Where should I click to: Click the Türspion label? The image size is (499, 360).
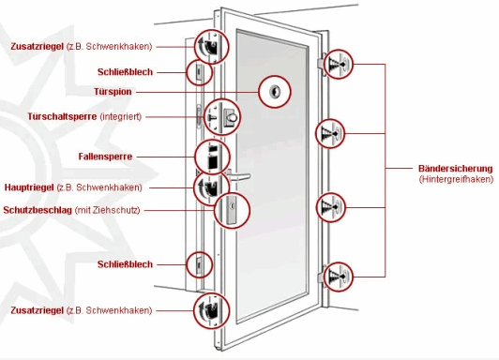click(x=113, y=92)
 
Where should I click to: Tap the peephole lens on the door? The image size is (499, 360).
click(x=274, y=92)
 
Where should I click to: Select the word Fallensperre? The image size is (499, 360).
click(x=105, y=157)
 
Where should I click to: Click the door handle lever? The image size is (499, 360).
click(x=239, y=175)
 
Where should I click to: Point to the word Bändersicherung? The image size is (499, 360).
click(x=456, y=168)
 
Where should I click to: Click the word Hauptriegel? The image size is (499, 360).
click(x=29, y=187)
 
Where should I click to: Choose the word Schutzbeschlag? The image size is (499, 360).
click(x=38, y=210)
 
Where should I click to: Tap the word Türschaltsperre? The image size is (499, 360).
click(x=62, y=116)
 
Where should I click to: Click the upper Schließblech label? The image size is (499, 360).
click(x=125, y=72)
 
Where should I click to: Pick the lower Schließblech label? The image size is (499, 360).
click(x=125, y=264)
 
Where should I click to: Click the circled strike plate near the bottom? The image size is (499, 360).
click(x=200, y=264)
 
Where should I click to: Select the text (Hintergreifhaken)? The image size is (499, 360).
click(x=456, y=179)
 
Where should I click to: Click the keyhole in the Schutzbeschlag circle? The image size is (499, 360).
click(x=232, y=206)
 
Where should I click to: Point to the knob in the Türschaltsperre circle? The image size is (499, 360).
click(x=232, y=118)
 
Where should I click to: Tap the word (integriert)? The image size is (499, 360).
click(x=121, y=116)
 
